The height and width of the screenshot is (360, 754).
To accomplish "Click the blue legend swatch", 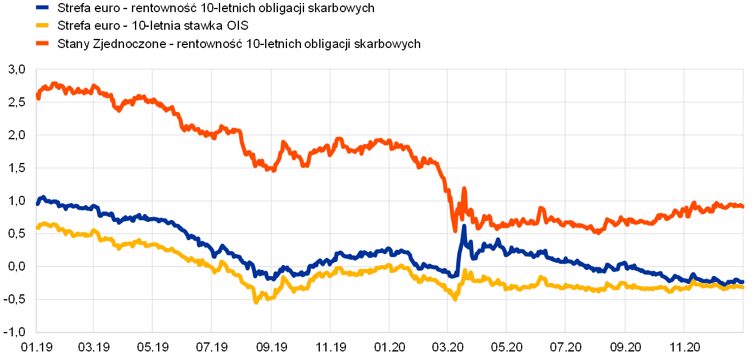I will tap(42, 7).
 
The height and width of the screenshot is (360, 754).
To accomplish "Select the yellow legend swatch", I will tap(42, 25).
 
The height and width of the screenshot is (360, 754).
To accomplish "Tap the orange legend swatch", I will tap(42, 43).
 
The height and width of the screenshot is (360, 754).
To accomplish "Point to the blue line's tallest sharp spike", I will tap(464, 227).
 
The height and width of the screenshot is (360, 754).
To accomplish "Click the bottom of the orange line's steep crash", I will tap(455, 230).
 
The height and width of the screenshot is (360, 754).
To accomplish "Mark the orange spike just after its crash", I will tap(464, 189).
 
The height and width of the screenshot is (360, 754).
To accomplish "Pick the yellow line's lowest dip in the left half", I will tap(256, 302).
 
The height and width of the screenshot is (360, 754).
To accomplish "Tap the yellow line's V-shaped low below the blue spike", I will tap(455, 299).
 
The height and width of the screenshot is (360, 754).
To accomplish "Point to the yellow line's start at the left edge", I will tap(38, 227).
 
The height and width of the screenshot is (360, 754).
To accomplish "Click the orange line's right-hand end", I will tap(742, 206).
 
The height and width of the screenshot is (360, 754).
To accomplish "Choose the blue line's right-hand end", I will tap(742, 282).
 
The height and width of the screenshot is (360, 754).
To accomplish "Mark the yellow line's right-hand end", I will tap(742, 286).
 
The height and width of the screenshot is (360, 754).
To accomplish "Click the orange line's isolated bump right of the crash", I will tap(541, 209).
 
